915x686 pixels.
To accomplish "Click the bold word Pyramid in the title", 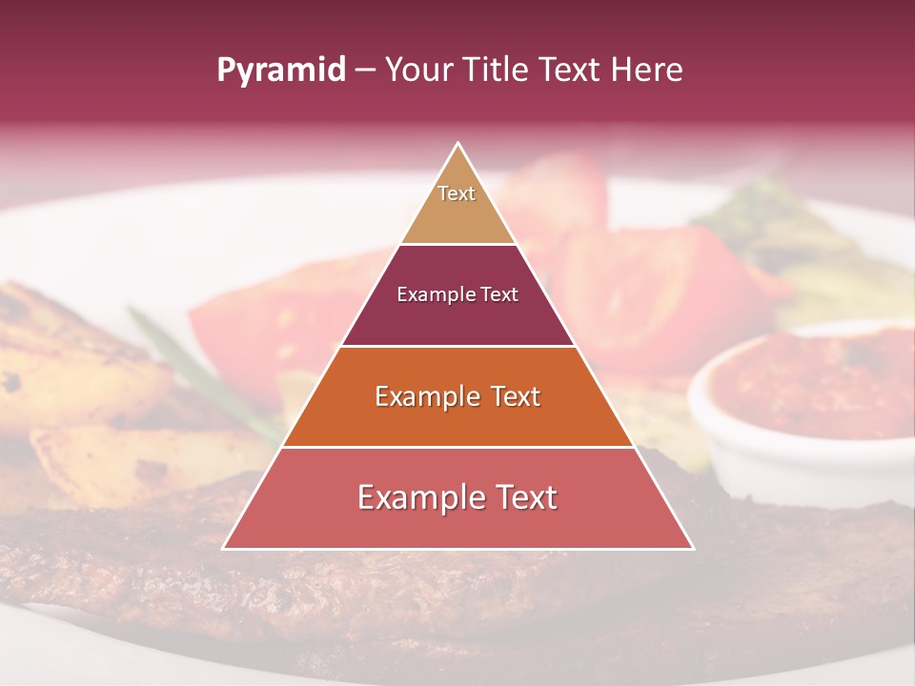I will coord(281,71).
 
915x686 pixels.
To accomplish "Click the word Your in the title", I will coord(421,70).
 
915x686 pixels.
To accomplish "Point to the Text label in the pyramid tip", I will coord(457,193).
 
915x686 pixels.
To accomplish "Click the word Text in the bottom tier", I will coord(519,497).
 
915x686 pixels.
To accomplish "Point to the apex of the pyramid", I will coord(457,144).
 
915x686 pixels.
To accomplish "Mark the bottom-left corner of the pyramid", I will coord(224,548).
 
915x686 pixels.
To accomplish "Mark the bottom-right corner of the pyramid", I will coord(692,548).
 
